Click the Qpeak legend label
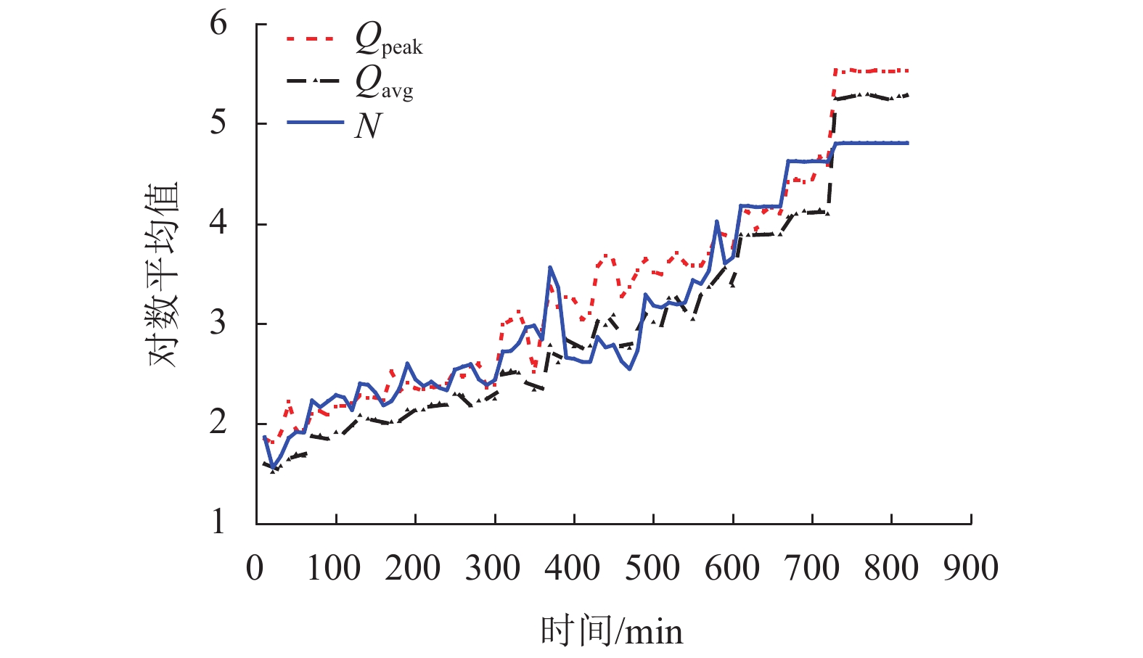[x=388, y=39]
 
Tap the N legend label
[x=368, y=126]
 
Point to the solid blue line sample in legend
[x=315, y=123]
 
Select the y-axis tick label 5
[x=218, y=123]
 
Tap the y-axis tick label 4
[x=218, y=223]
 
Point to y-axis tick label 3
[x=218, y=323]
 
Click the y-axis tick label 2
[x=218, y=422]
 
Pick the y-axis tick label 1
[x=218, y=522]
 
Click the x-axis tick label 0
[x=255, y=568]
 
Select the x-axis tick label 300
[x=493, y=568]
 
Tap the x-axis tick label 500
[x=652, y=568]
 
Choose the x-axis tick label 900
[x=970, y=568]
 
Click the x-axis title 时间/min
[x=612, y=631]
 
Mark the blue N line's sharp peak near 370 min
[x=550, y=268]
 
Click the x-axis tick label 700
[x=812, y=568]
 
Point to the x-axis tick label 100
[x=334, y=568]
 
